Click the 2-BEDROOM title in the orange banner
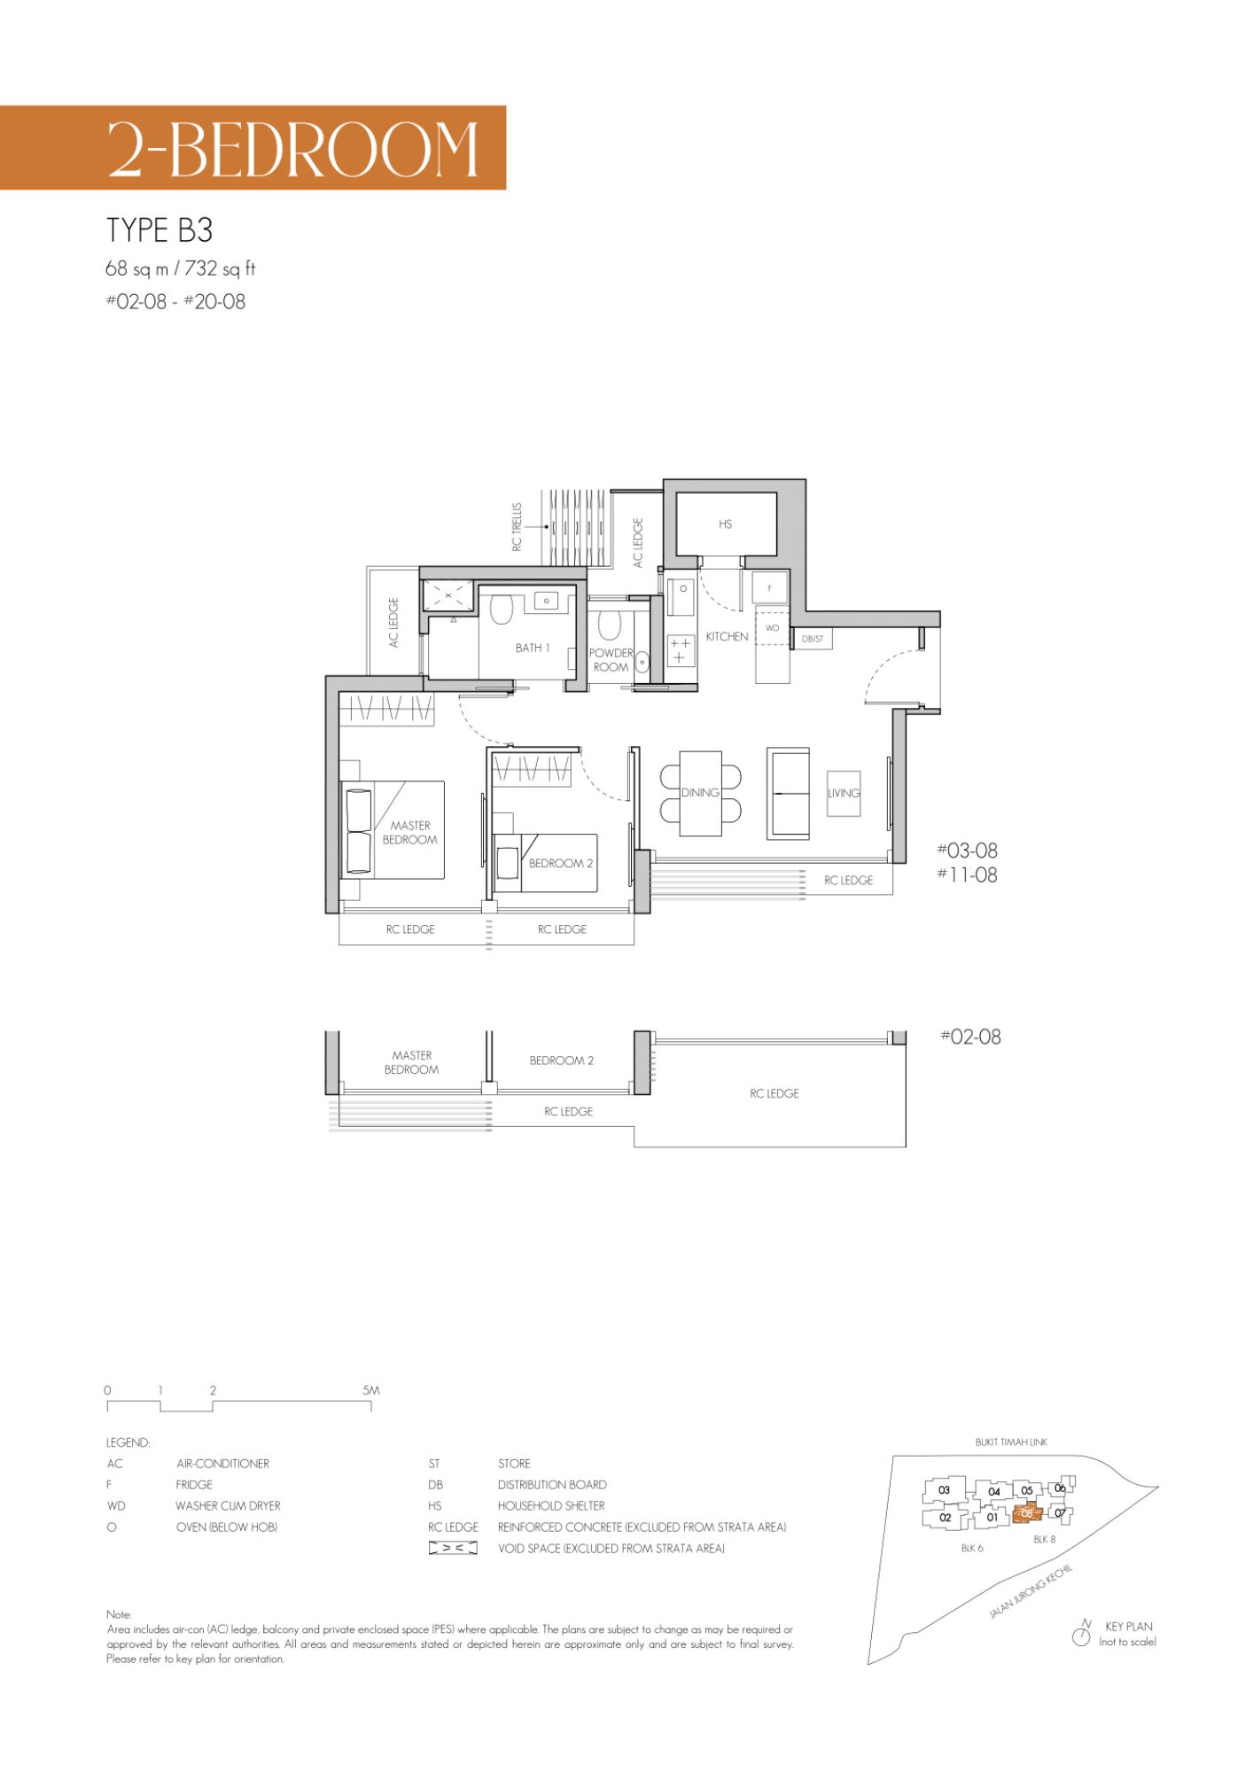pos(293,148)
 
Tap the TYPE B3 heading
pos(160,230)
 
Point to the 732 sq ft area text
pos(220,268)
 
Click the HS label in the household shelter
pos(726,525)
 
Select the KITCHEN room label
pos(727,636)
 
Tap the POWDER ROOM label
pos(611,660)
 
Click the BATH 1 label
pos(533,648)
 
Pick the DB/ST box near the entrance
pos(813,638)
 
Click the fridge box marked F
pos(770,587)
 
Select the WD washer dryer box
pos(772,628)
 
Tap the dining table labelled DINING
pos(700,793)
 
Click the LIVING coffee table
pos(844,793)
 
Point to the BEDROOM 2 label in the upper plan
pos(561,863)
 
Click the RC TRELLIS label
pos(517,527)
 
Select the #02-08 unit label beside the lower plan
pos(970,1037)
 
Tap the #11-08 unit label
pos(967,875)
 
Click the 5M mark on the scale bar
pos(371,1390)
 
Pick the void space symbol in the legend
pos(453,1548)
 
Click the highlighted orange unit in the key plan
pos(1026,1513)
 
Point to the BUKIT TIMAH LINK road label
pos(1011,1442)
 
